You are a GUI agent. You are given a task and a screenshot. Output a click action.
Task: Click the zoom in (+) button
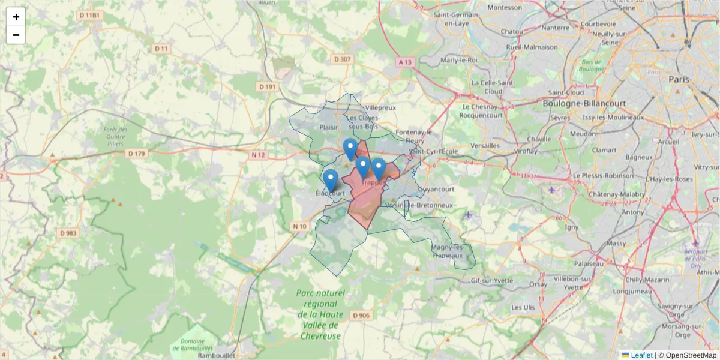pos(16,17)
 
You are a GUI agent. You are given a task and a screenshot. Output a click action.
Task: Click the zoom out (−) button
pos(16,35)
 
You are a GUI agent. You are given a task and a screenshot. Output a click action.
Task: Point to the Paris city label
pos(679,79)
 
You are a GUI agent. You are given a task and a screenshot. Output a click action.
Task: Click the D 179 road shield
pos(137,154)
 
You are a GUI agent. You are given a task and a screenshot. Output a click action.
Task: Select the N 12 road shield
pos(259,155)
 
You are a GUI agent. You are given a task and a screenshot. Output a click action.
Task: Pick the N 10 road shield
pos(300,226)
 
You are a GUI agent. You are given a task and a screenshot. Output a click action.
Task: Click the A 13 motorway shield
pos(405,62)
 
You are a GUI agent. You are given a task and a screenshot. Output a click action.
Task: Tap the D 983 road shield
pos(69,233)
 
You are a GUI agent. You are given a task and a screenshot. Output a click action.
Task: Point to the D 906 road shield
pos(362,315)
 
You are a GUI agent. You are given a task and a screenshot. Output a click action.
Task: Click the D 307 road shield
pos(341,59)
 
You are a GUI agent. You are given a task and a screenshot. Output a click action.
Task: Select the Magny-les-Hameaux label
pos(447,251)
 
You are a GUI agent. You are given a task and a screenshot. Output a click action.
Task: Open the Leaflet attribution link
pos(641,355)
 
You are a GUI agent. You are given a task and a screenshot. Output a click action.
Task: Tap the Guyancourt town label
pos(436,189)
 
